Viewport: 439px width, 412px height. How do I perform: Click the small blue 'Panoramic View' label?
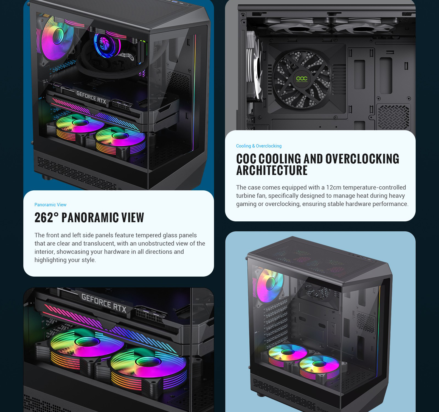click(50, 205)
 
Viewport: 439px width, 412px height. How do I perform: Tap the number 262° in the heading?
click(46, 218)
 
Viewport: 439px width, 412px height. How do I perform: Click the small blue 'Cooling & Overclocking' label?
click(259, 146)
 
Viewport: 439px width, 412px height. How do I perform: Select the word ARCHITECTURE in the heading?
click(272, 170)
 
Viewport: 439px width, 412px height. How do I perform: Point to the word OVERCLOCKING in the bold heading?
click(362, 159)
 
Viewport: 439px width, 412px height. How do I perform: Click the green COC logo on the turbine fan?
click(302, 79)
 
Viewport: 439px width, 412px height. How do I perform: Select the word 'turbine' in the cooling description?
click(247, 196)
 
